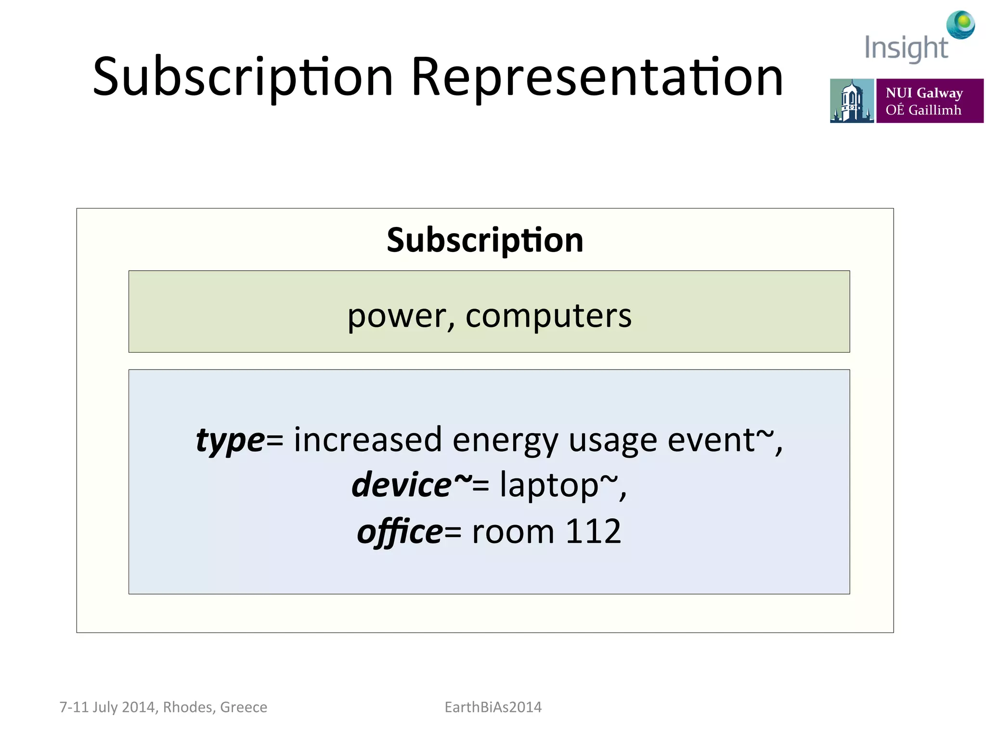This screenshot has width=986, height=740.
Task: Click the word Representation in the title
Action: click(x=597, y=77)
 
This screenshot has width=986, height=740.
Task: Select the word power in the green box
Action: click(x=399, y=317)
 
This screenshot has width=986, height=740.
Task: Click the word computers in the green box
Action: click(x=548, y=317)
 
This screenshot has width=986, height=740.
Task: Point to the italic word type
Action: click(x=230, y=441)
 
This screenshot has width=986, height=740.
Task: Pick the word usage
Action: click(x=612, y=441)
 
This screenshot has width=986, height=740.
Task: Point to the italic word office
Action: click(x=400, y=531)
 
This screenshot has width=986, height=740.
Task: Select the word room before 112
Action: click(x=513, y=532)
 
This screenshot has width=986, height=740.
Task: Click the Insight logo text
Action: click(x=906, y=48)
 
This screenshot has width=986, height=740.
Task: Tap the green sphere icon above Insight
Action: click(x=960, y=24)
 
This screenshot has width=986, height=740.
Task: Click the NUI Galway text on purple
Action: click(x=924, y=92)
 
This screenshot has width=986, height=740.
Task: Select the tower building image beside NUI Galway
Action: click(x=851, y=101)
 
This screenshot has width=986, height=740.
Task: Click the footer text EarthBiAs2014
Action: click(x=493, y=707)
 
